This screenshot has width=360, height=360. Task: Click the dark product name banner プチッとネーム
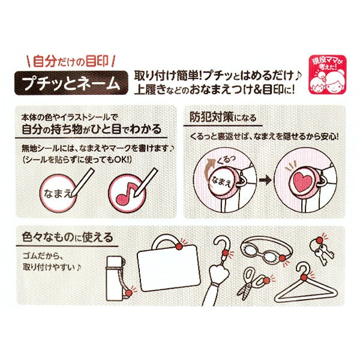point(71,83)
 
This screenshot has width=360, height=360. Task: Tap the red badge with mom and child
point(327,74)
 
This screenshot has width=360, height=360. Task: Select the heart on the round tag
point(302,181)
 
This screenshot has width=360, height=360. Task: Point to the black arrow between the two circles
point(265,180)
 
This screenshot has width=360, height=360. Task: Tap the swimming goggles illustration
point(266,250)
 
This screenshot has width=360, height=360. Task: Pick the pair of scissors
point(253,282)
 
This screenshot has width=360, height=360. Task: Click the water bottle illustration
point(115,278)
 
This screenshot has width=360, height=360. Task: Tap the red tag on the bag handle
point(179,247)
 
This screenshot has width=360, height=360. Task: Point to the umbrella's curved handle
point(222,244)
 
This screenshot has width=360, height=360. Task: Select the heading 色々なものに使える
point(67,237)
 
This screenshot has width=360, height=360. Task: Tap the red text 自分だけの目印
point(70,62)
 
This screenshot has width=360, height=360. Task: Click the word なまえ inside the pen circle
point(58,194)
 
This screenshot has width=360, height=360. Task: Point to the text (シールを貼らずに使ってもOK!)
point(77,160)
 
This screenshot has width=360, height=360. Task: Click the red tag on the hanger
point(305,278)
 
